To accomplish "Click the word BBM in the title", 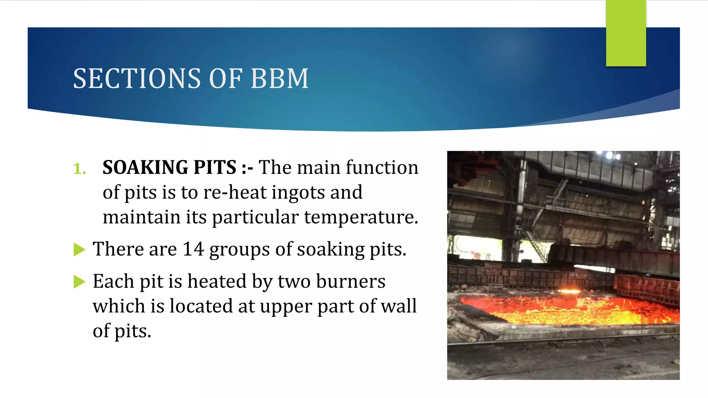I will (x=279, y=78).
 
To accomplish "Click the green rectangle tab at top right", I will (x=626, y=33).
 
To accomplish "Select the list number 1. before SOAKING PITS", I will (x=80, y=169).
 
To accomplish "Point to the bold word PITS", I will (x=215, y=168).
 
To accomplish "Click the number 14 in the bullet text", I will (x=193, y=249).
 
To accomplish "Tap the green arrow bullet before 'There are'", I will (x=79, y=249).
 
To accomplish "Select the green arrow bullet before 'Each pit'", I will (x=79, y=282).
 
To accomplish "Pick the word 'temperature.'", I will (x=361, y=217).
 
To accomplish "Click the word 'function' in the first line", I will (x=382, y=168).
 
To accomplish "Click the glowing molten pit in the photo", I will (x=567, y=309).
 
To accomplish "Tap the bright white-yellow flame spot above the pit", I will (x=570, y=291).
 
